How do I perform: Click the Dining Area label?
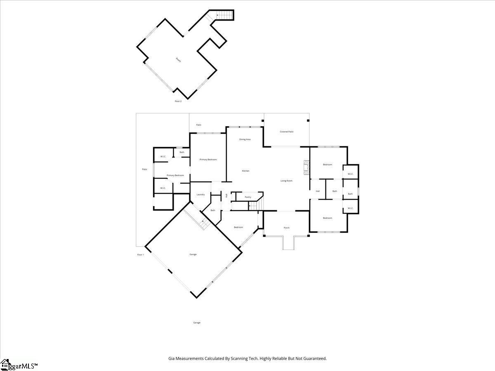click(x=245, y=139)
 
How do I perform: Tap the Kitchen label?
click(x=245, y=171)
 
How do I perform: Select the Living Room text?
click(x=286, y=181)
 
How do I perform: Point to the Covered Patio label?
click(x=287, y=131)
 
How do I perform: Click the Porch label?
click(x=286, y=228)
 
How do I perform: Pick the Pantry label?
click(x=248, y=197)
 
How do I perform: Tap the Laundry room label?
click(x=201, y=195)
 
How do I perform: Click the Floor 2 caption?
click(x=178, y=101)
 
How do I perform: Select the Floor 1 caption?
click(x=140, y=255)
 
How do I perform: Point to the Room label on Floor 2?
click(x=178, y=60)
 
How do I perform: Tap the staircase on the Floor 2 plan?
click(x=225, y=16)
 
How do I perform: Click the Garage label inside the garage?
click(x=193, y=254)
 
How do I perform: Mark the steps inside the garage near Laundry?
click(x=203, y=224)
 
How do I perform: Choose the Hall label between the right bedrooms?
click(x=318, y=191)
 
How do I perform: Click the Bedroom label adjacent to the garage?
click(x=238, y=227)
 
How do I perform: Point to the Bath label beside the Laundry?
click(x=213, y=210)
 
